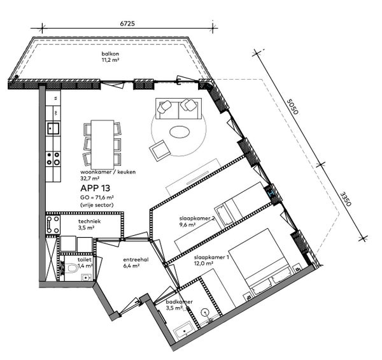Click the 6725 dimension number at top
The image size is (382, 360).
tap(128, 22)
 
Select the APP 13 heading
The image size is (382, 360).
tap(94, 189)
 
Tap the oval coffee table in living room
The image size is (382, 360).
tap(180, 133)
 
